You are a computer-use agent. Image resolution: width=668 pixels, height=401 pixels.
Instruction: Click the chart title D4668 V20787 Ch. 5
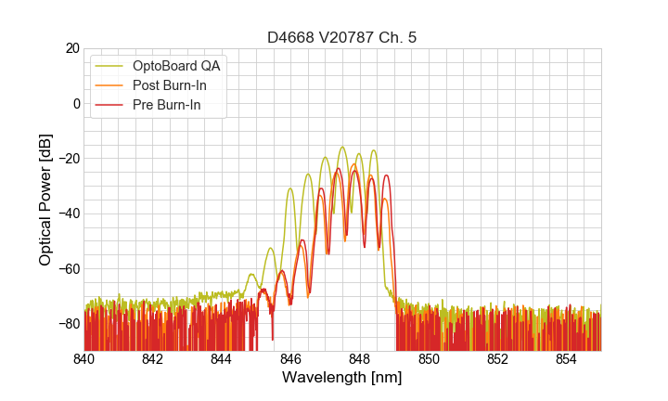pos(342,37)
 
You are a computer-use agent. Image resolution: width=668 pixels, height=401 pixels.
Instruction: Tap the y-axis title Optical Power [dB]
pos(45,200)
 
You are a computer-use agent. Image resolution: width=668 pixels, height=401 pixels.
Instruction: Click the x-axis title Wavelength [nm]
pos(342,378)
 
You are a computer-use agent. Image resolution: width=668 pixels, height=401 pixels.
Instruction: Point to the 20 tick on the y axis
pos(72,48)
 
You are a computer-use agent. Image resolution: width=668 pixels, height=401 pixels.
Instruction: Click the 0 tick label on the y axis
pos(76,103)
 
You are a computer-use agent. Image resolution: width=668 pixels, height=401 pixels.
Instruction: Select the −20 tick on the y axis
pos(68,159)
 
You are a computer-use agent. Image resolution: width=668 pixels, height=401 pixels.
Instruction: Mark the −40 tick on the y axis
pos(68,213)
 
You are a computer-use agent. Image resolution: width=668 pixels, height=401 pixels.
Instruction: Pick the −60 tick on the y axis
pos(68,268)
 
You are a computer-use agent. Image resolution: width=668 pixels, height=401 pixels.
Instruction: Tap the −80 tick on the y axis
pos(68,323)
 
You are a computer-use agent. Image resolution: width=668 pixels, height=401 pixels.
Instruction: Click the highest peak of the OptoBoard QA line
pos(343,147)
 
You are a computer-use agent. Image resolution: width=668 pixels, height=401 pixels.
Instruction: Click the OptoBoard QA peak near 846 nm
pos(290,188)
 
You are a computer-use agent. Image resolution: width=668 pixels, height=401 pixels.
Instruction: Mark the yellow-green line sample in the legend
pos(108,66)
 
